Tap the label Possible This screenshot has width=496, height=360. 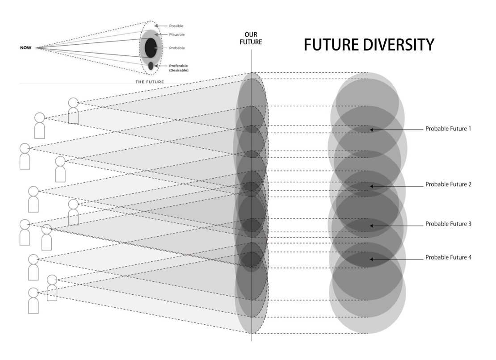click(177, 26)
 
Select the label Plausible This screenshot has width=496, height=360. click(177, 34)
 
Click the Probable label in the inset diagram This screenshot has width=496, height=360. click(177, 48)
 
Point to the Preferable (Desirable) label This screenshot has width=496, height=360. click(179, 67)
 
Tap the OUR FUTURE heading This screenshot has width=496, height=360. click(253, 38)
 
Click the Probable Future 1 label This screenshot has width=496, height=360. click(448, 129)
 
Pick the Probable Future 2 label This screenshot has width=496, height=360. click(448, 184)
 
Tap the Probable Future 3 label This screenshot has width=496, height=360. click(448, 224)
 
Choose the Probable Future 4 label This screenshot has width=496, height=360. click(448, 258)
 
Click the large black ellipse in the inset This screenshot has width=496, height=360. click(151, 47)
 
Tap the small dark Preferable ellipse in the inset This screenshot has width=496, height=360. click(151, 66)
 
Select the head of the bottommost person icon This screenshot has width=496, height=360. click(33, 293)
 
